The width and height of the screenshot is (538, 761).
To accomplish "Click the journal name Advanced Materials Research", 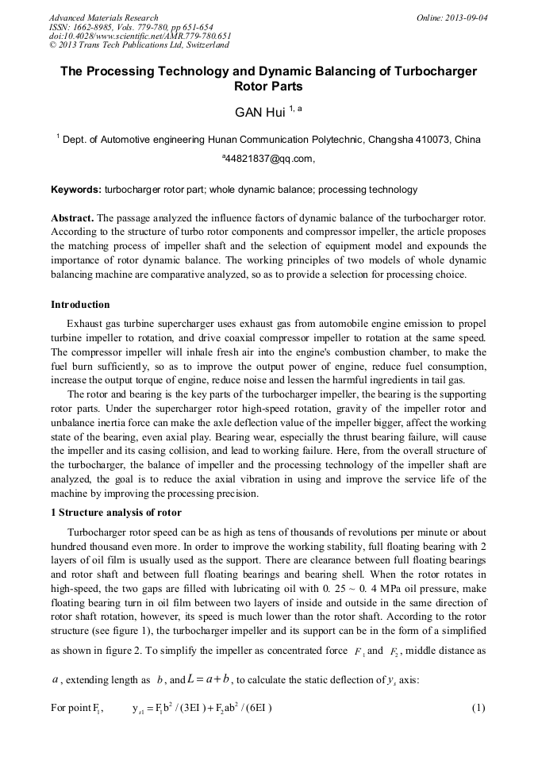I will (x=103, y=17).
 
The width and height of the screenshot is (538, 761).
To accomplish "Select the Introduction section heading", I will (x=80, y=305).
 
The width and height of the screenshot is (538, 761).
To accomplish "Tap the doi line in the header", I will (x=140, y=36).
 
